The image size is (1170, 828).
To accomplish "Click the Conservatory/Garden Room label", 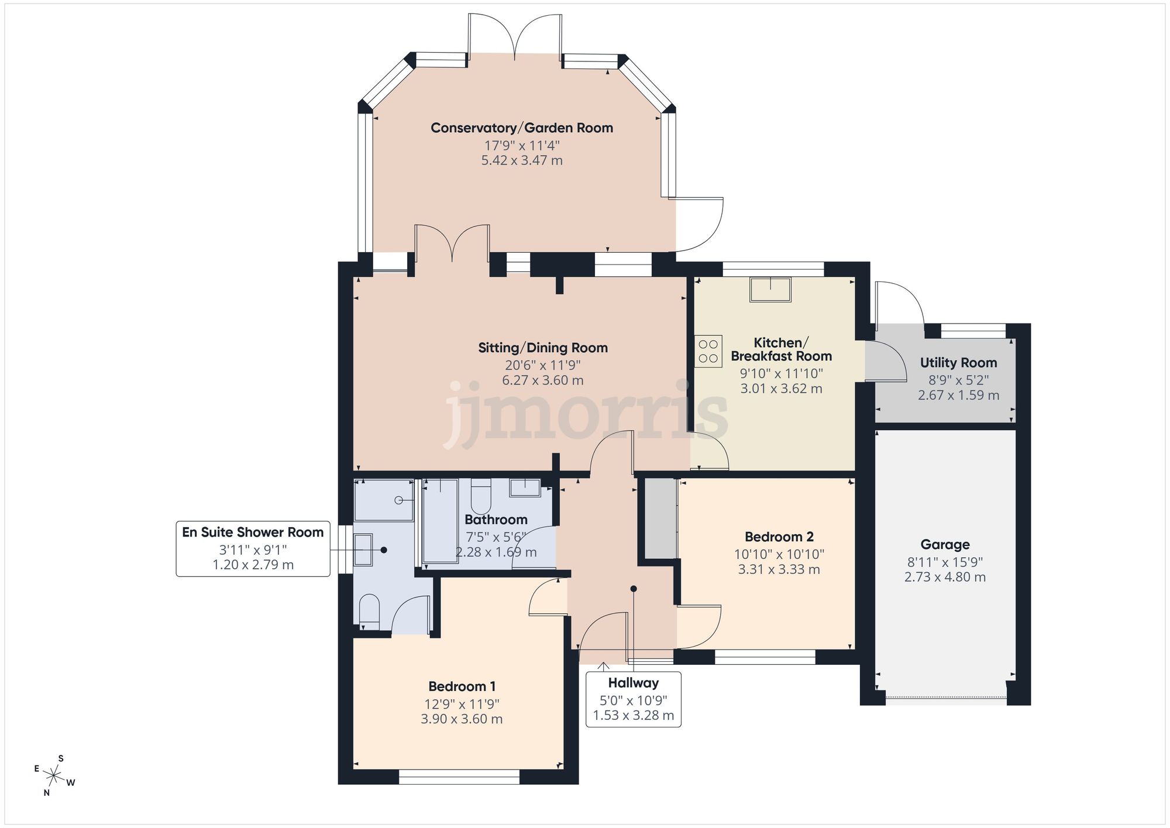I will (522, 128).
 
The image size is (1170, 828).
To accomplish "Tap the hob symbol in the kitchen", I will (708, 351).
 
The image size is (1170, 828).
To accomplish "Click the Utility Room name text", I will (958, 363).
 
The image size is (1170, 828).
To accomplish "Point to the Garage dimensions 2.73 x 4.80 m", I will (945, 578).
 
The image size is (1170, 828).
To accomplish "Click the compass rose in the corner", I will (54, 777).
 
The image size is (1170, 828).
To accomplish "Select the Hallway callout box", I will (633, 699).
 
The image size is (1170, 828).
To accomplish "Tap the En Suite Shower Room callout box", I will (253, 548).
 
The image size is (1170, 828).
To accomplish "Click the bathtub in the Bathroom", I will (440, 521).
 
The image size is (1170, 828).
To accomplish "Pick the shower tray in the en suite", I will (384, 500).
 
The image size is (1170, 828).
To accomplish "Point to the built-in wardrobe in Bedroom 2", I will (660, 518).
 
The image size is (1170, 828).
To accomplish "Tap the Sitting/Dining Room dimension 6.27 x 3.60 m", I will (542, 380).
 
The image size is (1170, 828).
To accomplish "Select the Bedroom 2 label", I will (779, 537).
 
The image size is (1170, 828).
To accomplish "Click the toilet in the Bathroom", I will (481, 496).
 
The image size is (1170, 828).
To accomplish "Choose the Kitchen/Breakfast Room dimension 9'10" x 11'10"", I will (781, 373).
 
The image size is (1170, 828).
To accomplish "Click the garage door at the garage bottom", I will (945, 698).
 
